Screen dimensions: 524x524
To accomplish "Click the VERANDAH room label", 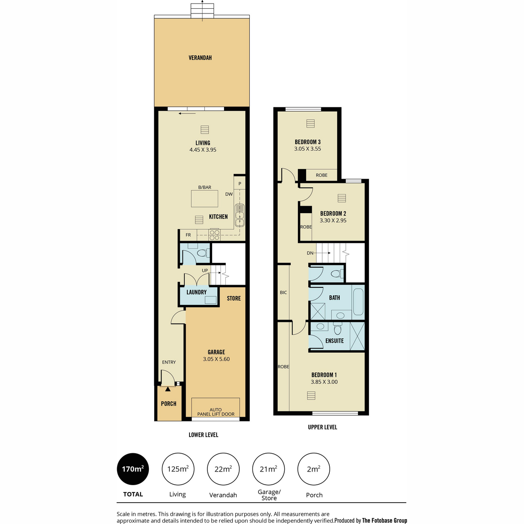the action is pyautogui.click(x=200, y=58).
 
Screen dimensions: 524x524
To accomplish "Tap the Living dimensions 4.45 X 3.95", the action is pyautogui.click(x=203, y=150).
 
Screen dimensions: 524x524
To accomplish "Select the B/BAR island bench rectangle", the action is pyautogui.click(x=204, y=199).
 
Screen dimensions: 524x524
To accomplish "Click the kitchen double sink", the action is pyautogui.click(x=240, y=215).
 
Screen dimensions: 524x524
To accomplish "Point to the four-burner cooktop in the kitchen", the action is pyautogui.click(x=214, y=235).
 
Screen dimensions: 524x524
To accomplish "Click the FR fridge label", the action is pyautogui.click(x=188, y=235).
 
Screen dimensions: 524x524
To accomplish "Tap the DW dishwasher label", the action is pyautogui.click(x=229, y=194).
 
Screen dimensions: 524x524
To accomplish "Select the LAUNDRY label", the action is pyautogui.click(x=196, y=292).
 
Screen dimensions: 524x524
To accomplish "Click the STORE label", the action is pyautogui.click(x=234, y=298).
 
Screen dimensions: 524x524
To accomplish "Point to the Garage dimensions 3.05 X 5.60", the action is pyautogui.click(x=216, y=359).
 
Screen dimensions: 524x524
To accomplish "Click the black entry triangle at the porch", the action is pyautogui.click(x=168, y=389).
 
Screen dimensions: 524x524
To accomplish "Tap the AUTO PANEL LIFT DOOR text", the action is pyautogui.click(x=216, y=412).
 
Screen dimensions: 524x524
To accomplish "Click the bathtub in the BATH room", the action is pyautogui.click(x=358, y=302).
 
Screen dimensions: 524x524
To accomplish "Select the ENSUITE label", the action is pyautogui.click(x=334, y=341).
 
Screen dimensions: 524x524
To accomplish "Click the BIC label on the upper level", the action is pyautogui.click(x=283, y=293).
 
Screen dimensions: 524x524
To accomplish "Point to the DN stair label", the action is pyautogui.click(x=310, y=253).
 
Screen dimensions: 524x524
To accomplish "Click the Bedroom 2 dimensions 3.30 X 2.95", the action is pyautogui.click(x=333, y=221).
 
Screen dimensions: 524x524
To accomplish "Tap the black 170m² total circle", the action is pyautogui.click(x=133, y=469).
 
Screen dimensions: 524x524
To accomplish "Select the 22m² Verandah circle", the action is pyautogui.click(x=223, y=469).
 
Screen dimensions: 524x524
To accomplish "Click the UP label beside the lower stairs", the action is pyautogui.click(x=205, y=270).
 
